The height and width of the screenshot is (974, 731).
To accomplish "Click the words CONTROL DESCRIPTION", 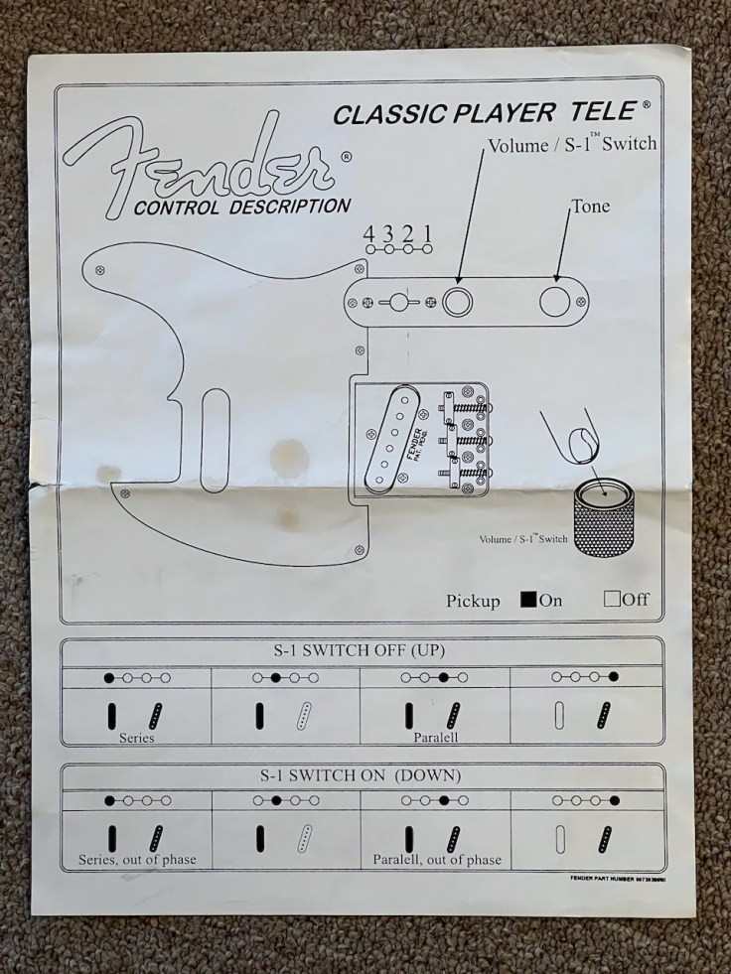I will pos(241,208).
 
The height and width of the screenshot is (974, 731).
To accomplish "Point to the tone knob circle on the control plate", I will pos(555,301).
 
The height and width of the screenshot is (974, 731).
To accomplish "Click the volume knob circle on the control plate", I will pos(458,301).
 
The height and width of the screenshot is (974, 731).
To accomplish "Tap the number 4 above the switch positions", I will pos(369,234).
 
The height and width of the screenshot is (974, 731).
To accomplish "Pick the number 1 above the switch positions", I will pos(428,234).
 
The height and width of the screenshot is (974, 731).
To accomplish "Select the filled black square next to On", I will pos(529,599).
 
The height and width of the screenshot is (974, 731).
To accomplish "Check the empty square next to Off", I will pos(612,599).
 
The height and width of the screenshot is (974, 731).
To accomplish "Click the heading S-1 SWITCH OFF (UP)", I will pos(361,651).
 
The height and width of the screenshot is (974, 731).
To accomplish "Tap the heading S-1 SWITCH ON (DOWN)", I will pos(361,774).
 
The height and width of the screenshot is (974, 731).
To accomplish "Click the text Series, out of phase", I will pos(137,860).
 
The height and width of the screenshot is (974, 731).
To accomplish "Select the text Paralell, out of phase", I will pos(437,860).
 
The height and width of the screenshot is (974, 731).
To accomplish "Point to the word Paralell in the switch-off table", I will pos(436,739).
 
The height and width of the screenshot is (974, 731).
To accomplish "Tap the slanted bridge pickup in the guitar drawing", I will pos(400,434).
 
